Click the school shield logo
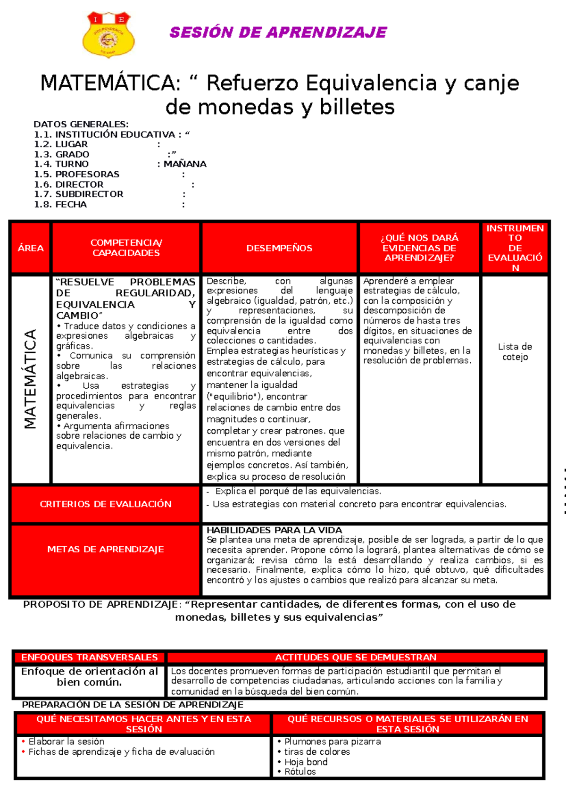(108, 34)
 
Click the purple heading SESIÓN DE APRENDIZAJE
(278, 33)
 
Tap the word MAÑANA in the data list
(185, 164)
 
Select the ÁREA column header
(31, 248)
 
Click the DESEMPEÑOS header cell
(279, 248)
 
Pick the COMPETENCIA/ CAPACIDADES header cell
(126, 248)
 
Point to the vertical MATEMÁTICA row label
(30, 379)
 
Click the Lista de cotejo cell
(515, 352)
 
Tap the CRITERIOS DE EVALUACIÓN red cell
(106, 504)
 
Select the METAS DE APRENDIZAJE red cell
(106, 550)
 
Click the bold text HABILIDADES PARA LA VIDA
(274, 530)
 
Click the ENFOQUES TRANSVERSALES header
(89, 658)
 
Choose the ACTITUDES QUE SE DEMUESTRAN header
(356, 658)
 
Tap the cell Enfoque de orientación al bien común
(89, 677)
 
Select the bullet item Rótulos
(300, 772)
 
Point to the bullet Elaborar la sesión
(67, 742)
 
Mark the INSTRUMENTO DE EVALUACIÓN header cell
(515, 248)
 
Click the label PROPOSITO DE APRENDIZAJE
(100, 605)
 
